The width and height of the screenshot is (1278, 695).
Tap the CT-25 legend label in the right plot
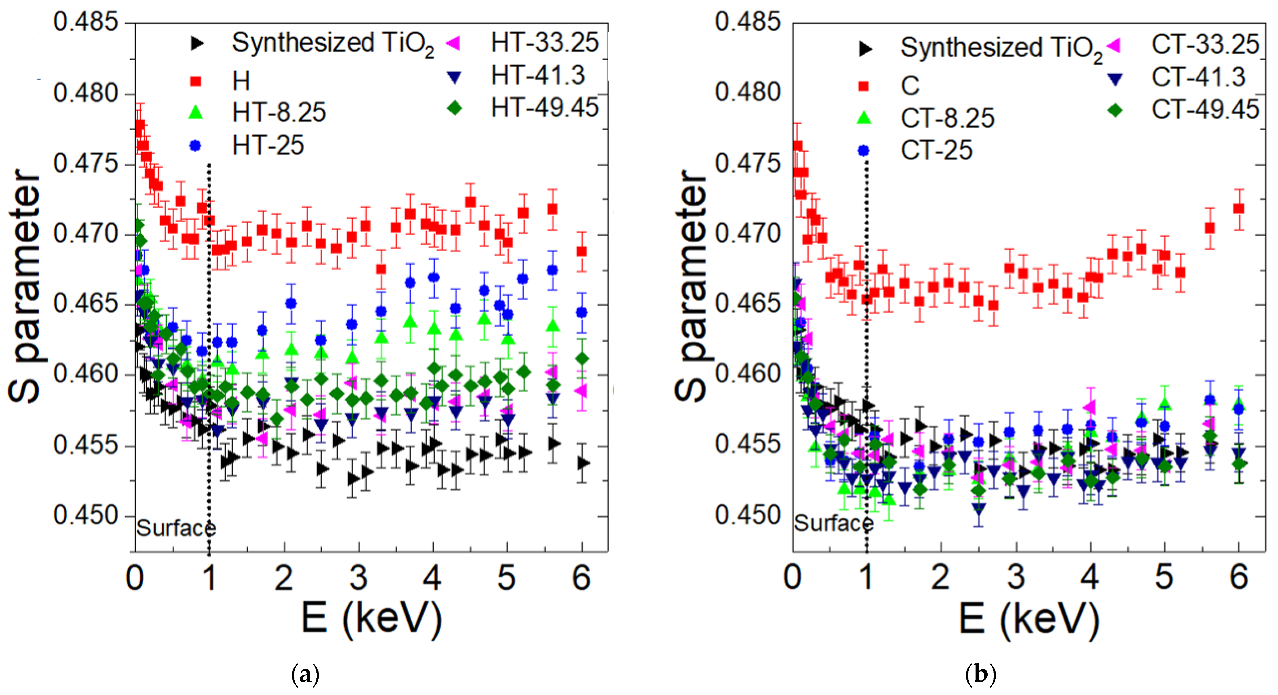[936, 150]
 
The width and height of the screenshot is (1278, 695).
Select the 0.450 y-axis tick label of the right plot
[747, 515]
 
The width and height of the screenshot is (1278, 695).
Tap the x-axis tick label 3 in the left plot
[358, 578]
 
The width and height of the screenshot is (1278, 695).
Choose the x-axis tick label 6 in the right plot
[1239, 578]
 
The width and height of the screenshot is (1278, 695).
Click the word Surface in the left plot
[176, 528]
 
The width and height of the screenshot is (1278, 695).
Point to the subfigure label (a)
[306, 675]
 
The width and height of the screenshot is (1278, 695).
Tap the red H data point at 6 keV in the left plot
[582, 252]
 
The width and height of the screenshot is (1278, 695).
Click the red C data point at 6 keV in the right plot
[1239, 209]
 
